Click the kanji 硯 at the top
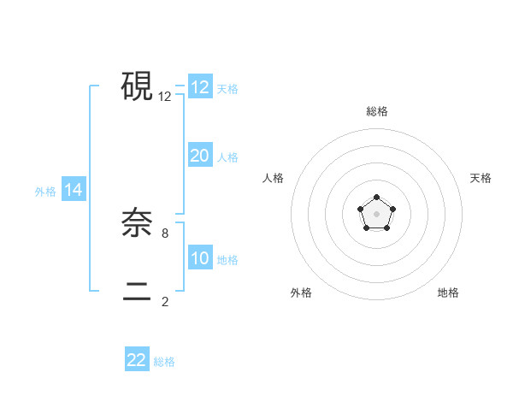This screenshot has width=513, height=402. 137,86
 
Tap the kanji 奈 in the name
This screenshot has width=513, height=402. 137,224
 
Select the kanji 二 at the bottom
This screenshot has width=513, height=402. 137,292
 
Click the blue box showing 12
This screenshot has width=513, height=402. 200,87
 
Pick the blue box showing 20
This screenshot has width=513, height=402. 200,156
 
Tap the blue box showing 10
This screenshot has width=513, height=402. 200,258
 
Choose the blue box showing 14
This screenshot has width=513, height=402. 74,190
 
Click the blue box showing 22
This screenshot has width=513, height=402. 137,360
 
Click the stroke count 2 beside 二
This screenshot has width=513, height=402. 165,301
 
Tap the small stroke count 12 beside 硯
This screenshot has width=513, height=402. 165,97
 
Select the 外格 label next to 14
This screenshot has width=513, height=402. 45,192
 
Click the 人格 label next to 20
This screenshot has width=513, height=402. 227,157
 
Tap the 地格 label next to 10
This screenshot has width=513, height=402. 227,260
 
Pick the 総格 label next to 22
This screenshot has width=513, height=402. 164,362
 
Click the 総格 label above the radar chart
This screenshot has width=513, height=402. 376,111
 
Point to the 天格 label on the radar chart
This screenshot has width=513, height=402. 481,178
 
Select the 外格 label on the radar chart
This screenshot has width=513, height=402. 301,293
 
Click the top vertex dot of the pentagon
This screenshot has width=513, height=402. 376,198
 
